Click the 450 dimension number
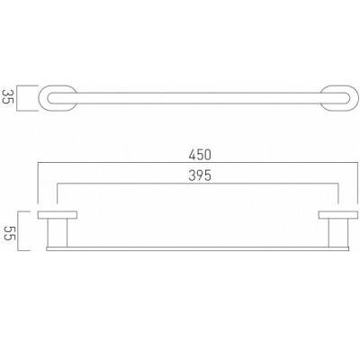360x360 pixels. pyautogui.click(x=200, y=155)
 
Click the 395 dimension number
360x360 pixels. pyautogui.click(x=200, y=175)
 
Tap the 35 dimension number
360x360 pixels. pyautogui.click(x=7, y=96)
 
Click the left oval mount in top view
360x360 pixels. pyautogui.click(x=42, y=98)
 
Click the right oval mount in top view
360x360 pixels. pyautogui.click(x=355, y=98)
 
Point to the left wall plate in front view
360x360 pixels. pyautogui.click(x=58, y=215)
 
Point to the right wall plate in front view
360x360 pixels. pyautogui.click(x=338, y=215)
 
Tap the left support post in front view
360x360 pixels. pyautogui.click(x=58, y=233)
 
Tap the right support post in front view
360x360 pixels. pyautogui.click(x=338, y=233)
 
